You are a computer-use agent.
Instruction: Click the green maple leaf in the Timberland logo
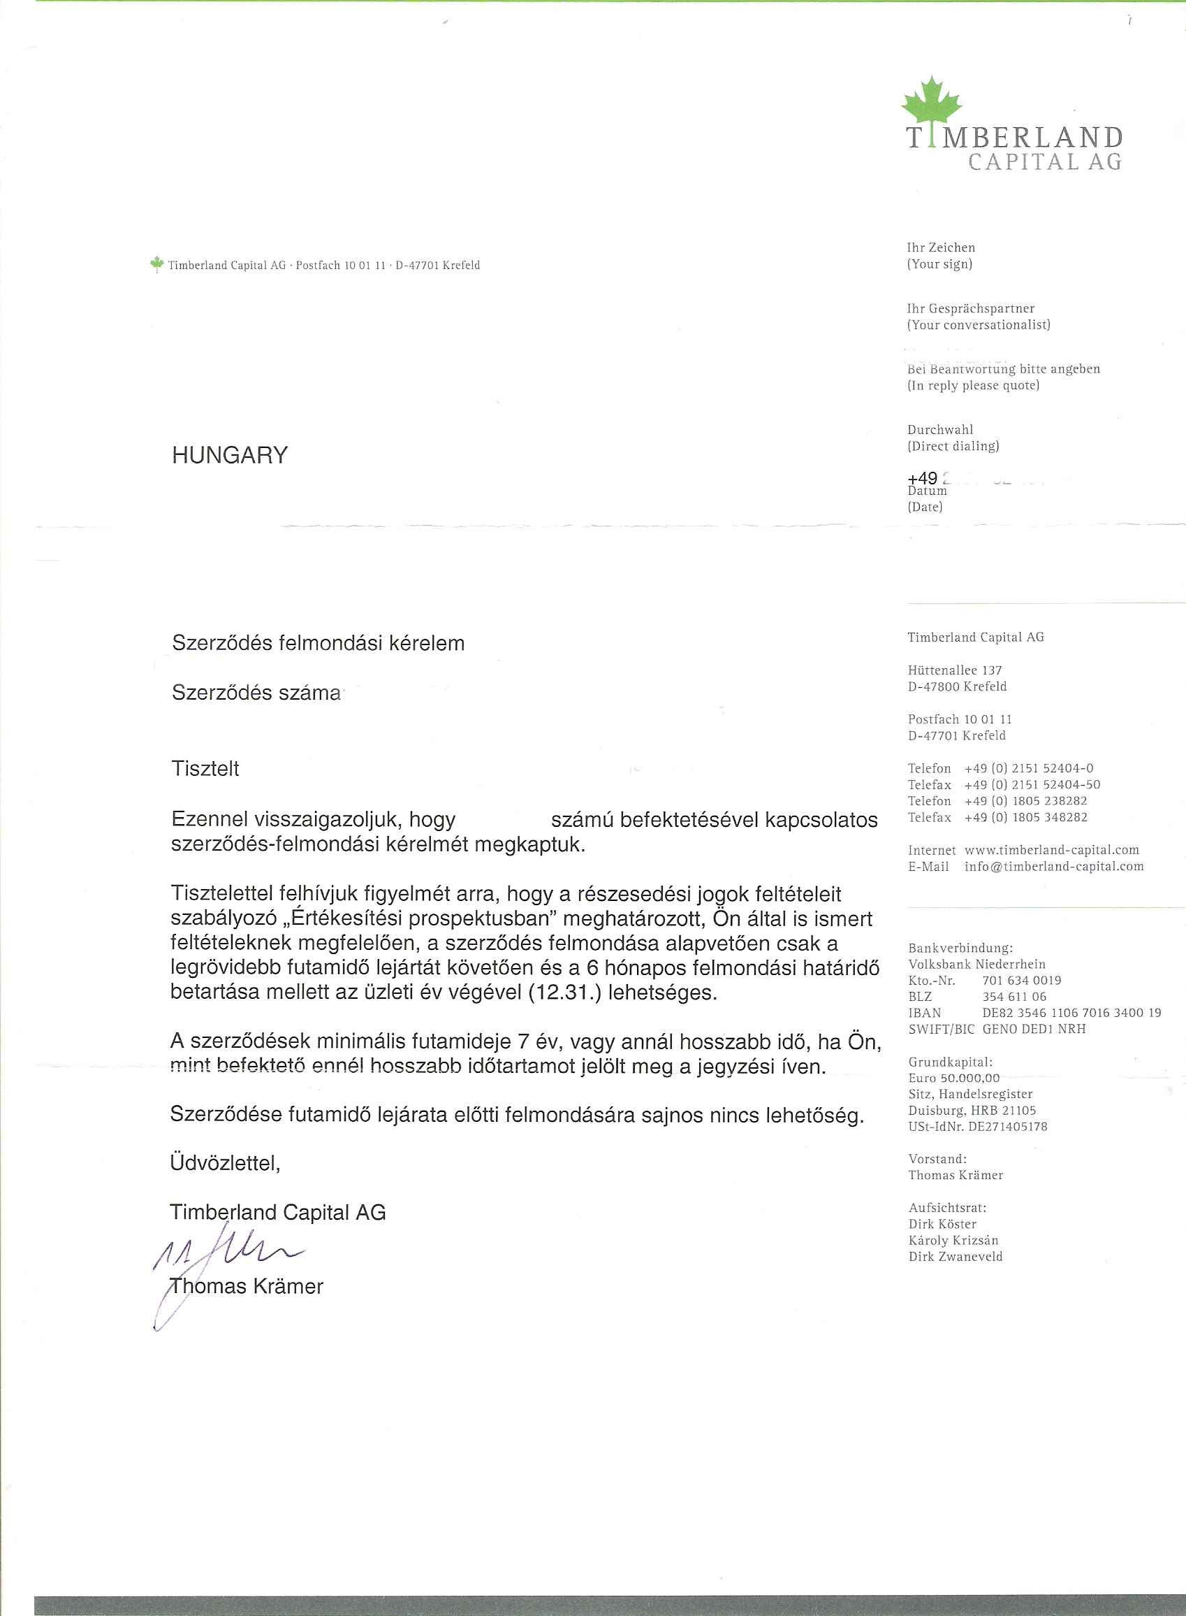click(x=931, y=101)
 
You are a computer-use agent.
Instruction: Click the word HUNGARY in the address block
click(x=230, y=455)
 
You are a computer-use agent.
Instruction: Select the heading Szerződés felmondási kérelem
click(x=318, y=643)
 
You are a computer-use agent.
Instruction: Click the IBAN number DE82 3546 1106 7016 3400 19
click(x=1071, y=1013)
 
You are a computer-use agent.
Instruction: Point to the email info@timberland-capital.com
click(x=1054, y=866)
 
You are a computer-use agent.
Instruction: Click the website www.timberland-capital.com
click(x=1052, y=850)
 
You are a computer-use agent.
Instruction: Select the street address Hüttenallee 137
click(x=954, y=670)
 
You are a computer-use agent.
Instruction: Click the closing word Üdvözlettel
click(x=225, y=1163)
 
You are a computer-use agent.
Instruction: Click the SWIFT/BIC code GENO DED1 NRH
click(x=1034, y=1029)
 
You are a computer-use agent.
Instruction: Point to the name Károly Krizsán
click(x=953, y=1241)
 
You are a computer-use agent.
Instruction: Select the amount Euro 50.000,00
click(x=953, y=1078)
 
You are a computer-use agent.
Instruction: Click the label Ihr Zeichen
click(x=940, y=248)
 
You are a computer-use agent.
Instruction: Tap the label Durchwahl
click(x=939, y=429)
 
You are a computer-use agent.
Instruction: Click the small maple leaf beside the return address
click(x=156, y=264)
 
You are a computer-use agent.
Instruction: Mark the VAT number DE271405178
click(x=1007, y=1127)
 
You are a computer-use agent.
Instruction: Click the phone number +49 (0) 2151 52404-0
click(x=1029, y=768)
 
